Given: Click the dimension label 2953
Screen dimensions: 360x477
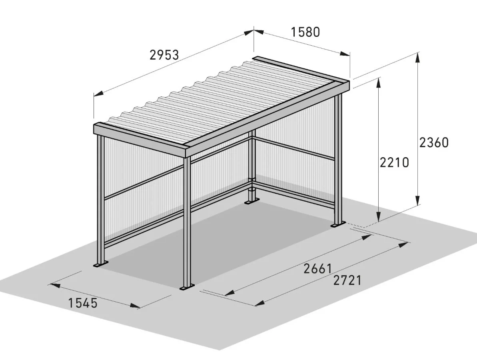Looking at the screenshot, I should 164,55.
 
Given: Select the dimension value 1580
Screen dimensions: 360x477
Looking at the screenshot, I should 305,32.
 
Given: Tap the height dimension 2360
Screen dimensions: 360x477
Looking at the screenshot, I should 434,142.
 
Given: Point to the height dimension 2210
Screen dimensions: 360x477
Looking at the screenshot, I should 394,162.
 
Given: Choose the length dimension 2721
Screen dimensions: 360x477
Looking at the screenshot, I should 347,280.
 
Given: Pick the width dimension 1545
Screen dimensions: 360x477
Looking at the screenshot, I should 83,303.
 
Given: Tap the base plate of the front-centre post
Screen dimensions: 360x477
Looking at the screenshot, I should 186,288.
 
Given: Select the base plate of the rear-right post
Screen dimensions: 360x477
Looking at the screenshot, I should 337,226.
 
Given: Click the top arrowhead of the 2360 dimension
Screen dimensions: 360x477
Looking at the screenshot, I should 418,58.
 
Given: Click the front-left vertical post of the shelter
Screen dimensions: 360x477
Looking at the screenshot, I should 100,200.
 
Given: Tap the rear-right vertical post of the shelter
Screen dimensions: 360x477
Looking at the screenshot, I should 339,160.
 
